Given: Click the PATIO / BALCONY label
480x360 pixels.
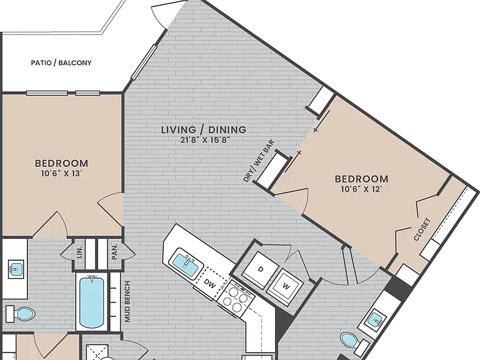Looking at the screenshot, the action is [x=61, y=62].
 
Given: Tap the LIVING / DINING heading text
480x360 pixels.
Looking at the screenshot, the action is [x=204, y=129].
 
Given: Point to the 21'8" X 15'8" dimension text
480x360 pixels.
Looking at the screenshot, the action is [x=205, y=140].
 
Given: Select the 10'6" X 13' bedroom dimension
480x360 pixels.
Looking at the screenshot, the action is [x=61, y=174].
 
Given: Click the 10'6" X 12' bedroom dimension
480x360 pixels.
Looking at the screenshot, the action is [x=361, y=189].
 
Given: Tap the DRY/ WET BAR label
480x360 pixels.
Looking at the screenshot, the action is [x=259, y=161].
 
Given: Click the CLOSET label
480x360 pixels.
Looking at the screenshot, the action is [x=422, y=229].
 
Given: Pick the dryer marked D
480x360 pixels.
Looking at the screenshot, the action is [x=260, y=270].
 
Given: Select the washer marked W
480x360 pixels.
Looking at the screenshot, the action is [x=285, y=286].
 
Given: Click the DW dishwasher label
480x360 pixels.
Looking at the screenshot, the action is [x=209, y=283].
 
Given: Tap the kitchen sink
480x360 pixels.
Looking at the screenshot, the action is [x=186, y=263].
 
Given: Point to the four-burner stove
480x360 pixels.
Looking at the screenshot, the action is [x=236, y=296].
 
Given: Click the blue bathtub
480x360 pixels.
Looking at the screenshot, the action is [x=91, y=302].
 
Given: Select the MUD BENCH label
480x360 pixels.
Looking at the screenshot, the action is [x=127, y=301].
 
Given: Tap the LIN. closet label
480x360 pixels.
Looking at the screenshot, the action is [x=80, y=252].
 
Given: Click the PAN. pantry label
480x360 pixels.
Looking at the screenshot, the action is [x=115, y=252].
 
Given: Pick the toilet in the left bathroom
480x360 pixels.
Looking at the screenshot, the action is [x=21, y=314].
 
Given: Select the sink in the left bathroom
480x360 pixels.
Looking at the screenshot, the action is [x=16, y=269].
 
